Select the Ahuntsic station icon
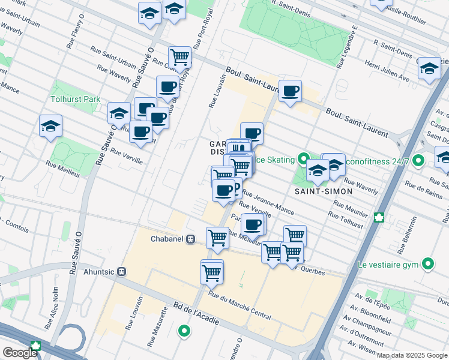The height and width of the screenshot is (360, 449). point(122,271)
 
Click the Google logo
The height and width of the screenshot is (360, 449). point(20,353)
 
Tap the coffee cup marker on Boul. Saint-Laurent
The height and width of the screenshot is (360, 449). point(290,91)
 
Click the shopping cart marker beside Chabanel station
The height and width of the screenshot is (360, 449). point(217,238)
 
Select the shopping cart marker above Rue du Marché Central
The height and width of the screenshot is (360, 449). point(211,273)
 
